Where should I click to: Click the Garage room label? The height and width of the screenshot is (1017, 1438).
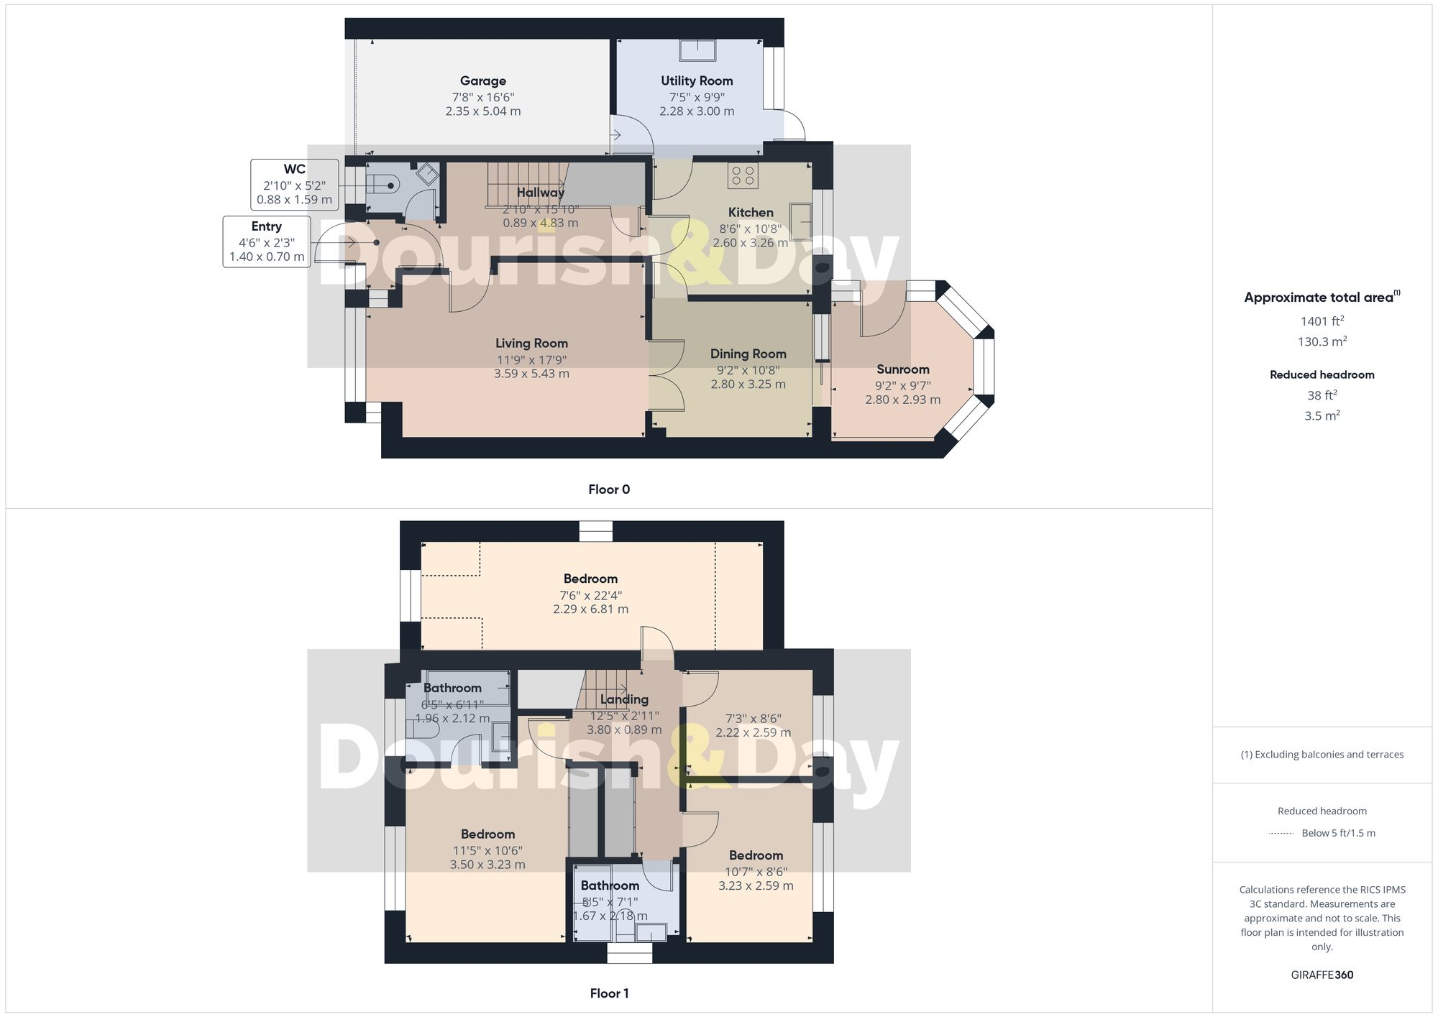pos(482,81)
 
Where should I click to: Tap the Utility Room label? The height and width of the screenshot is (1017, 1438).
pos(697,81)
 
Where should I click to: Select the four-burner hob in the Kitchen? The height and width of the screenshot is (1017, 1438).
pos(742,175)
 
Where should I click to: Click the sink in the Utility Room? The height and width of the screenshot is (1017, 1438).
pos(697,50)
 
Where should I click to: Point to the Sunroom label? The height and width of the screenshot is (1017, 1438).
pos(902,369)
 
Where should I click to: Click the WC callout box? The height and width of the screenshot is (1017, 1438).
pos(294,185)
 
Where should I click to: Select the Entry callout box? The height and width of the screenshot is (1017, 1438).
pos(267,241)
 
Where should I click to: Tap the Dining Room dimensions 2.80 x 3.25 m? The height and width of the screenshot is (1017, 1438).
pos(748,385)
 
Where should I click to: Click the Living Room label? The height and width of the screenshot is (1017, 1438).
pos(531,344)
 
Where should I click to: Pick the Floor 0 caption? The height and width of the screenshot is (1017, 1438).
pos(608,489)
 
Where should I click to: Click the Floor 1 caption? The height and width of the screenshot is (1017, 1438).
pos(608,993)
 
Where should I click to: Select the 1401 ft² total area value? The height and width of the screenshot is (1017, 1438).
pos(1322,321)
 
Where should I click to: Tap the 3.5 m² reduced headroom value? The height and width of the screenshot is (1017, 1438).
pos(1322,415)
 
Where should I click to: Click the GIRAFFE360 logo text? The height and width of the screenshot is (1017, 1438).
pos(1322,975)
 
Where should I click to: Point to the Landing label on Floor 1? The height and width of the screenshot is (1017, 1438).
pos(623,699)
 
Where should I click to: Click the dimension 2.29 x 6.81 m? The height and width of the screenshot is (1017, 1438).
pos(590,609)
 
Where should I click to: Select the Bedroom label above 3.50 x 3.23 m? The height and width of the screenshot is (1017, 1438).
pos(487,834)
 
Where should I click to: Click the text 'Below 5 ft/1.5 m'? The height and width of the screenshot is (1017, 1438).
pos(1338,833)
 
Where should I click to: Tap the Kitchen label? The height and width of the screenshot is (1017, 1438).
pos(750,213)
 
